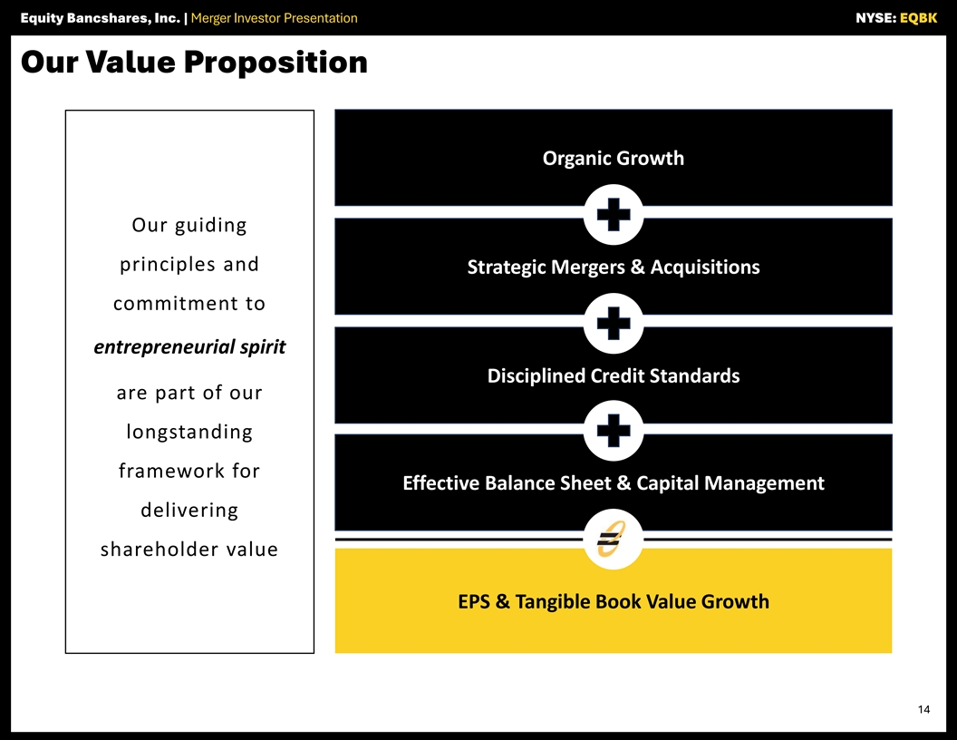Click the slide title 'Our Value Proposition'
point(194,63)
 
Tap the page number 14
point(923,709)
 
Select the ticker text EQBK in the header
point(918,18)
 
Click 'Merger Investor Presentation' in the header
point(274,18)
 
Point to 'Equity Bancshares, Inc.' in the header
point(100,18)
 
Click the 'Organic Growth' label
point(614,158)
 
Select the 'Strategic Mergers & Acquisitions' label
point(614,267)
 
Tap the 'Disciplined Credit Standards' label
point(614,375)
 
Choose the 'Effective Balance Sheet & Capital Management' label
point(614,483)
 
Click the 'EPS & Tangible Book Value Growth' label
point(614,601)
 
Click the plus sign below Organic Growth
point(614,214)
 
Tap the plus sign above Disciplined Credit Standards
point(614,323)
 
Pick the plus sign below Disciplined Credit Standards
point(614,431)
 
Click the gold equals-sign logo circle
point(614,540)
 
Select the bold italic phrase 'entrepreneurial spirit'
point(189,346)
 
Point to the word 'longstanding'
point(189,432)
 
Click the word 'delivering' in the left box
point(189,510)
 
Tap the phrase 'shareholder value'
point(189,549)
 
